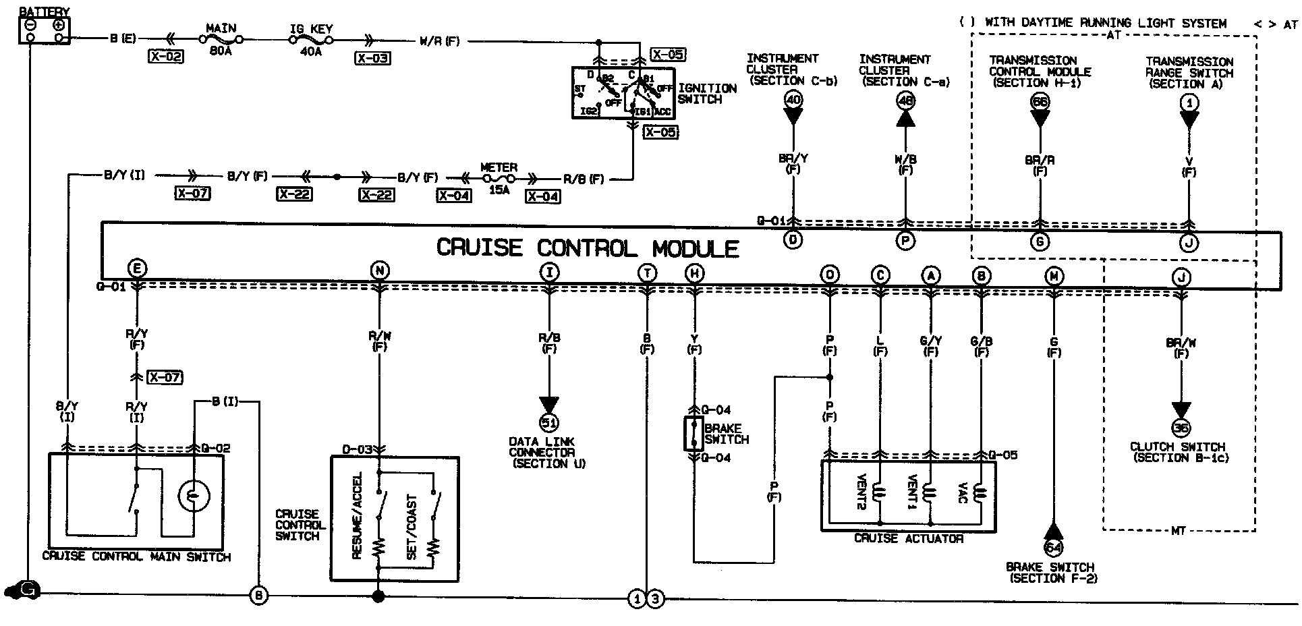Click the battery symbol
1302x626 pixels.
click(x=45, y=30)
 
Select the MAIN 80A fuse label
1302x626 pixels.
click(x=221, y=39)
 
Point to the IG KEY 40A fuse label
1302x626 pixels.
click(x=310, y=39)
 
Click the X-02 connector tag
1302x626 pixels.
click(x=165, y=57)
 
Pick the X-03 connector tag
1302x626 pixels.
click(x=372, y=58)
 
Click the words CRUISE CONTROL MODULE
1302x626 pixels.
click(x=588, y=248)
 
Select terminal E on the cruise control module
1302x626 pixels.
click(x=137, y=269)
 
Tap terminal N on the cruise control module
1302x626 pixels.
click(x=380, y=271)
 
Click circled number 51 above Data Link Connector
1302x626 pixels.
click(x=549, y=423)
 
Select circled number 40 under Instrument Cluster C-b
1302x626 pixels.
click(x=793, y=101)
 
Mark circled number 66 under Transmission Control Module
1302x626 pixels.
click(x=1040, y=102)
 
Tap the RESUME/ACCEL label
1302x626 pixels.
click(x=358, y=516)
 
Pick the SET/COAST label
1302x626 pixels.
click(x=412, y=527)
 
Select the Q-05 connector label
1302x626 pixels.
click(x=1003, y=455)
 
